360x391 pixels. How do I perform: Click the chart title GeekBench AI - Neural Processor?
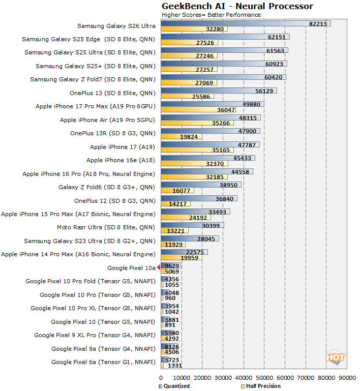(237, 6)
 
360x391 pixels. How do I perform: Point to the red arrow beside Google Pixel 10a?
(158, 267)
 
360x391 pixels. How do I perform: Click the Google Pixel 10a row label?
(131, 267)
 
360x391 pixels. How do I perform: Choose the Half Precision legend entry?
(262, 386)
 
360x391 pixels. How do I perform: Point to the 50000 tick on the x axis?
(264, 378)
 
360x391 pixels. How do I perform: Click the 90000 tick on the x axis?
(347, 378)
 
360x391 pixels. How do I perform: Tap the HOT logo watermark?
(336, 357)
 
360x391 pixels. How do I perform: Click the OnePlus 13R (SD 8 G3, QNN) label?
(112, 133)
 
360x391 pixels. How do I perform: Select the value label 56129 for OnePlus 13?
(265, 91)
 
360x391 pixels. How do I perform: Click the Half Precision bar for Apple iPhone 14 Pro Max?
(181, 258)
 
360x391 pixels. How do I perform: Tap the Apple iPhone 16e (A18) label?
(121, 160)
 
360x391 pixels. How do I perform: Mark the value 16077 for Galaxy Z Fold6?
(182, 191)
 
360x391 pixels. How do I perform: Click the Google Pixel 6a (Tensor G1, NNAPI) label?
(103, 362)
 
